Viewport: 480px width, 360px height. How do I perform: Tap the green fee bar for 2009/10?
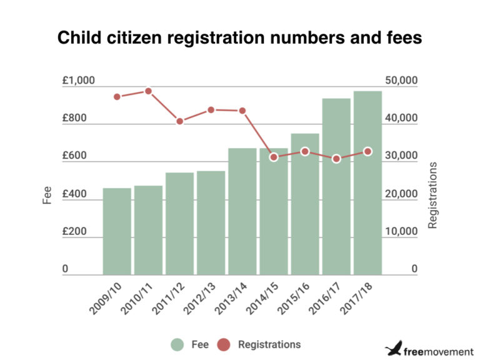point(117,231)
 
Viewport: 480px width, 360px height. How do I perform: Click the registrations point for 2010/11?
point(148,91)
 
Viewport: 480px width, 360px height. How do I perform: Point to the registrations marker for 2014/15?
point(274,157)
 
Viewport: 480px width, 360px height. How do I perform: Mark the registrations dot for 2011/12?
point(179,121)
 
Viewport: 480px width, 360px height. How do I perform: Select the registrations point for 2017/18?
point(367,151)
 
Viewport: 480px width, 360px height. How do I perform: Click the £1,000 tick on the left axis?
point(78,81)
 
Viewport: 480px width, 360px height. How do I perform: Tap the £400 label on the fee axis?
point(74,194)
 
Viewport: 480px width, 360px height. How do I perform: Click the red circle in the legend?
point(223,344)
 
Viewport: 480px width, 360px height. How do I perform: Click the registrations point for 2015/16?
point(305,152)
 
